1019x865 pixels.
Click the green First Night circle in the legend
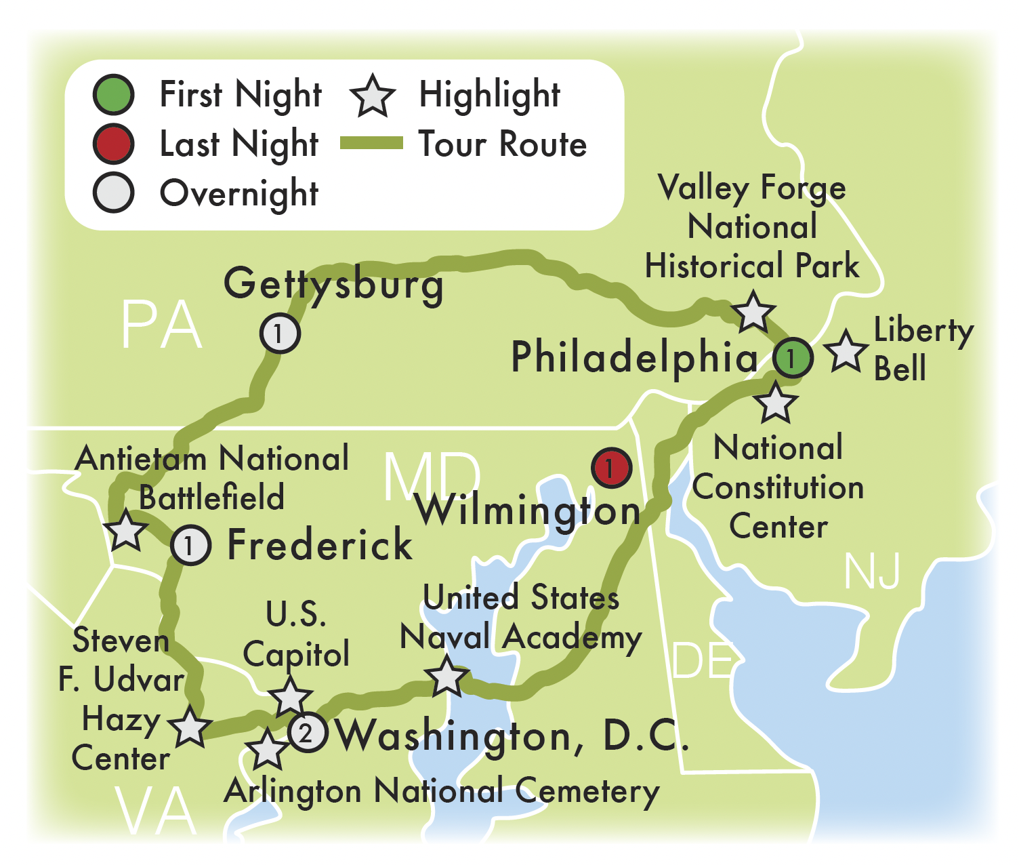click(113, 95)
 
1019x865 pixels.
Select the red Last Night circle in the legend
click(113, 144)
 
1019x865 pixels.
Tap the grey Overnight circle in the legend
click(113, 193)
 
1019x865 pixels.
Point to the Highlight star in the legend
click(373, 96)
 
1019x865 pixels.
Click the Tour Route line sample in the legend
click(371, 144)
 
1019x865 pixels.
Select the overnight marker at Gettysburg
click(280, 333)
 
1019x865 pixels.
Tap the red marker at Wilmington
click(611, 468)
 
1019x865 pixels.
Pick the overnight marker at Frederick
click(191, 545)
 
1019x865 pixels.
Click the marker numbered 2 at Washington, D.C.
click(308, 732)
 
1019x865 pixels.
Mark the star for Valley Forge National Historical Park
click(753, 312)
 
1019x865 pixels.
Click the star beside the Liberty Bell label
click(846, 351)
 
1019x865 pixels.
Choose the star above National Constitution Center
click(776, 403)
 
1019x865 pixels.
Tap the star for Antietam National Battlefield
click(126, 531)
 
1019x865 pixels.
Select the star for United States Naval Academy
click(446, 677)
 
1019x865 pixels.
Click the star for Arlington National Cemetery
click(267, 749)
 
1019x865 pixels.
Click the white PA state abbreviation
click(161, 326)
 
